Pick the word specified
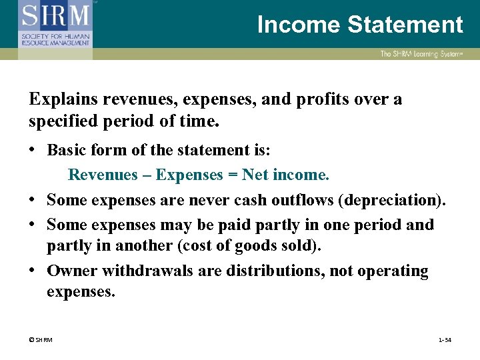pos(61,123)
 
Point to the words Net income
pos(286,175)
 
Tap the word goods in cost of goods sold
pos(246,245)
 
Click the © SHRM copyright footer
pos(41,340)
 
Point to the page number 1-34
pos(445,340)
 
